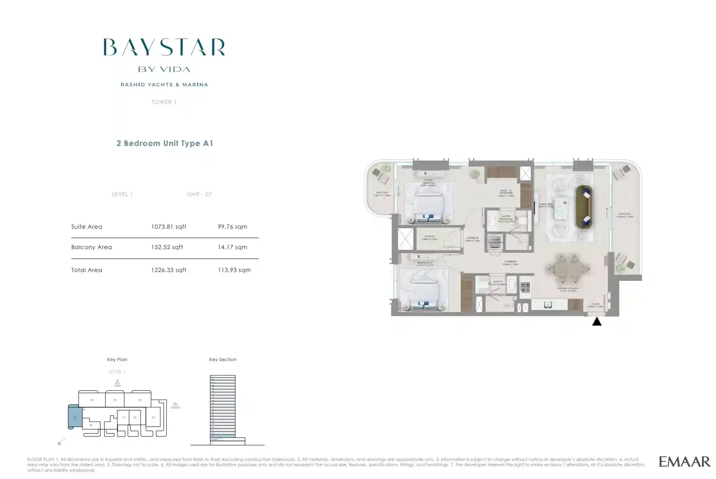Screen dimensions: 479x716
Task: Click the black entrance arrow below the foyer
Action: point(597,321)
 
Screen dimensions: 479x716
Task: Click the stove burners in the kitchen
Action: point(524,287)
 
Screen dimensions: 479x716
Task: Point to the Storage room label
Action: point(429,237)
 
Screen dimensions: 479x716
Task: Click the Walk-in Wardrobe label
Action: point(506,193)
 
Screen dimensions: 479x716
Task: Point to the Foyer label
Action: point(596,305)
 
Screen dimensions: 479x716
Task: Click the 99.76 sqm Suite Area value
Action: point(232,227)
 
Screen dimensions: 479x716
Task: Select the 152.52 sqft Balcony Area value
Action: point(167,247)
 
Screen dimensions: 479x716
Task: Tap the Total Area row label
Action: point(87,270)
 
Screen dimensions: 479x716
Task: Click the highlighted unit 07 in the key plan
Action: point(75,417)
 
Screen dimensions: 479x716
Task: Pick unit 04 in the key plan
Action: point(140,400)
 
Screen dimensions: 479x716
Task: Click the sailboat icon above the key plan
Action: point(117,383)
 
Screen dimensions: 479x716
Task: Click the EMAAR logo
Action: point(684,461)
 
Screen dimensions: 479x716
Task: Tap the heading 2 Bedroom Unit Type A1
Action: point(164,143)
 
